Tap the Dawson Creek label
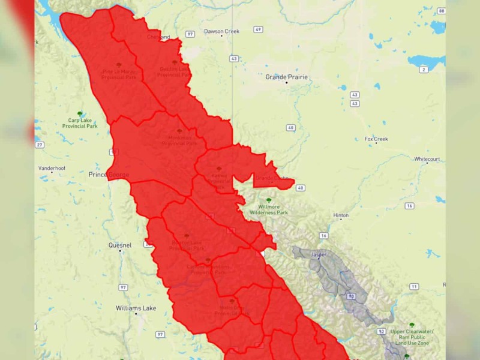tap(221, 31)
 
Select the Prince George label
tap(106, 175)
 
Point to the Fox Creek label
tap(376, 139)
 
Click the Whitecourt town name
tap(427, 159)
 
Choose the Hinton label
tap(341, 215)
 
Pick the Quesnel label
tap(120, 245)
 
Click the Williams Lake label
tap(136, 308)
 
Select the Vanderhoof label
tap(52, 169)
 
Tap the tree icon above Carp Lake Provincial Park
tap(80, 113)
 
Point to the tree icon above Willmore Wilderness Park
tap(269, 200)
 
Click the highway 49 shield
tap(257, 29)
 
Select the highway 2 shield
tap(424, 70)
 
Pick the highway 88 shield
tap(442, 11)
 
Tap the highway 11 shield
tap(414, 286)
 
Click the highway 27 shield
tap(39, 145)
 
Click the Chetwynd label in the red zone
tap(158, 37)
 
